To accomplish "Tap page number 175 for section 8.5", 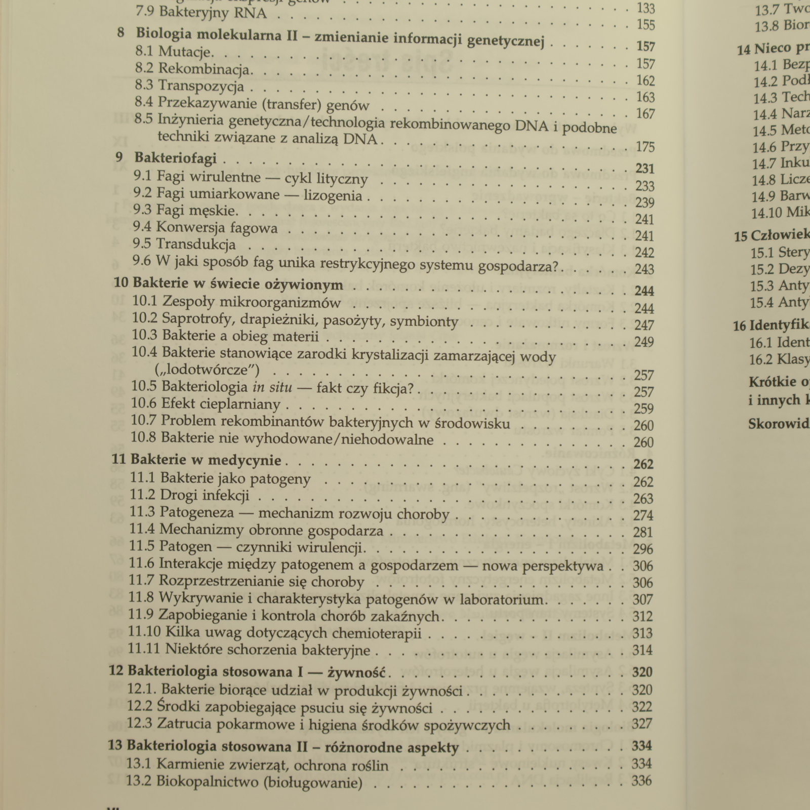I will pos(645,147).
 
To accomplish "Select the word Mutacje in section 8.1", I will pos(186,52).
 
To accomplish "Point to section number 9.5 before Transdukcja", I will pos(142,244).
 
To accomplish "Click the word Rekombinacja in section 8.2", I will pos(205,69).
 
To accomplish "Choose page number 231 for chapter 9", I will pos(645,169).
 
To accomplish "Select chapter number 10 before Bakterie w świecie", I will pos(121,282).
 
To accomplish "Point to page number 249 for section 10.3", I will pos(644,342).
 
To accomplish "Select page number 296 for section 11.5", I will pos(643,549).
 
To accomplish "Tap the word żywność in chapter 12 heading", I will pos(357,672).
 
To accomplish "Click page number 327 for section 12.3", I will pos(642,724).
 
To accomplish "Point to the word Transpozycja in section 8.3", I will pos(201,86).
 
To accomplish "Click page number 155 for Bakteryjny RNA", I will pos(646,25).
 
